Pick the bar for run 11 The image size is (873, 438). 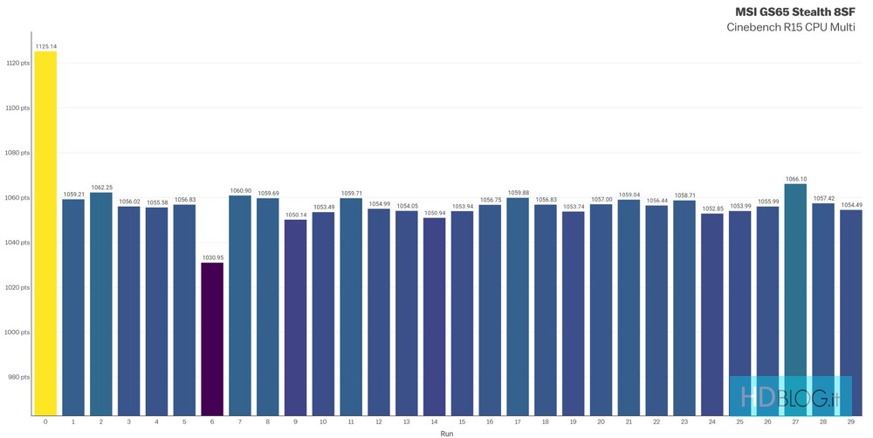click(x=351, y=306)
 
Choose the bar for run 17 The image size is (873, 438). click(x=518, y=306)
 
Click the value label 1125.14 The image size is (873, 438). click(x=45, y=45)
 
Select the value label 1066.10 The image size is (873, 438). click(x=795, y=179)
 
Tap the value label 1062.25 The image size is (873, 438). click(x=101, y=188)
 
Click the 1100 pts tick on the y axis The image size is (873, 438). click(x=17, y=108)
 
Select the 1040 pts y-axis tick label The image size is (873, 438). click(x=17, y=243)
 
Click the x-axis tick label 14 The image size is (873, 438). click(x=434, y=421)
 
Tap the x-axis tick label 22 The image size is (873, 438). click(x=656, y=421)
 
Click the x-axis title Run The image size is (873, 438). click(x=446, y=433)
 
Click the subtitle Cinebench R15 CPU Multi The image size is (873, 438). click(x=791, y=27)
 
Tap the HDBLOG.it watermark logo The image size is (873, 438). click(x=790, y=397)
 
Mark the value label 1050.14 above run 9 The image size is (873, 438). click(x=296, y=215)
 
